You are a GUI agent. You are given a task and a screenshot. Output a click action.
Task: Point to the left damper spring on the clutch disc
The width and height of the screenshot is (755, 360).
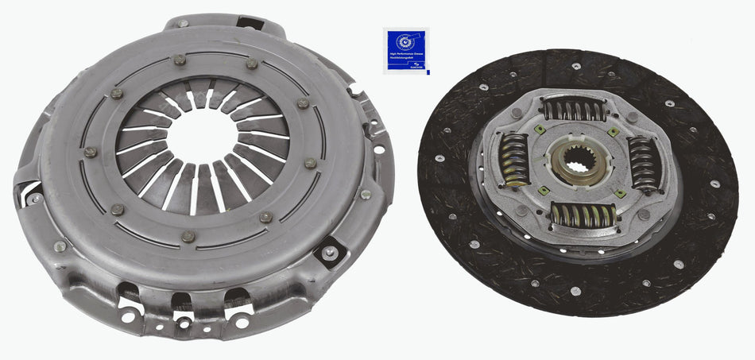point(513,159)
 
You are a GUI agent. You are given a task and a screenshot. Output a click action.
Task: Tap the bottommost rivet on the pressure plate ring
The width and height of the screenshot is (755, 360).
point(188,236)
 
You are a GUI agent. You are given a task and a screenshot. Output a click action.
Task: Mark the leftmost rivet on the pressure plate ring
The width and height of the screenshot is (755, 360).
point(90,152)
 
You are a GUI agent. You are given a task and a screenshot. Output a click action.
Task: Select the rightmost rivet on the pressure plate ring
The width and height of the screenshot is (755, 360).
point(311,163)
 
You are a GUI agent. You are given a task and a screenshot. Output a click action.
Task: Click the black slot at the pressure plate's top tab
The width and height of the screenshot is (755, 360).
point(250,24)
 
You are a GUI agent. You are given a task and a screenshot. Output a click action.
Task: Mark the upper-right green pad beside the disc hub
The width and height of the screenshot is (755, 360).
point(614,132)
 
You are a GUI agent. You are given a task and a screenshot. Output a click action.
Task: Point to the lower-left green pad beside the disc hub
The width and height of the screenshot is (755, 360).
point(544,190)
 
